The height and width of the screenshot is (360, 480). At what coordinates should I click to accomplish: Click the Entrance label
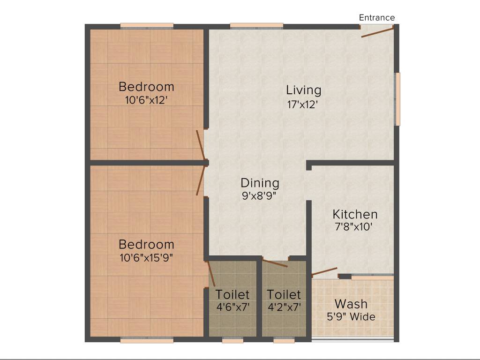(377, 18)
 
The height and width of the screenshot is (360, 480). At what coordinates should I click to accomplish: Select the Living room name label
(304, 90)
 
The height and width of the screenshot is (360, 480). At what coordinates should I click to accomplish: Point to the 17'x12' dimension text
(303, 105)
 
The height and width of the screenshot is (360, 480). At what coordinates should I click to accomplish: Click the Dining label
(260, 183)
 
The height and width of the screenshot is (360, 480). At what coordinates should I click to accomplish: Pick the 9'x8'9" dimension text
(259, 196)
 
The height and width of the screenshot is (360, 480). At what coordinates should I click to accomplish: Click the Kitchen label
(355, 214)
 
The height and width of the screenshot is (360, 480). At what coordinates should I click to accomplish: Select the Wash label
(351, 304)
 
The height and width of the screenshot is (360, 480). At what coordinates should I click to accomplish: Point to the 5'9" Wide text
(351, 317)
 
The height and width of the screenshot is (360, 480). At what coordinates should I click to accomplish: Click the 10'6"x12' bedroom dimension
(146, 100)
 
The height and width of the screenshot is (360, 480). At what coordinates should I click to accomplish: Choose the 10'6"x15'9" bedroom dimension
(146, 257)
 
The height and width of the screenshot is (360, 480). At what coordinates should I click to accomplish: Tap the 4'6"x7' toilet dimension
(232, 307)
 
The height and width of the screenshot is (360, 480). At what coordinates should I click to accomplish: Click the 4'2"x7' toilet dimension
(284, 307)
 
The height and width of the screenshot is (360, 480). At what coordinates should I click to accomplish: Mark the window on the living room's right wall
(397, 99)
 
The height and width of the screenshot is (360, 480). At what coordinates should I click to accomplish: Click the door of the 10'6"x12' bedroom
(200, 146)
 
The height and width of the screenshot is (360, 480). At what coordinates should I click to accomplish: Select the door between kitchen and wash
(324, 272)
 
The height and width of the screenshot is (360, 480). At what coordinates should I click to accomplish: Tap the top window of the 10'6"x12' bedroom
(147, 26)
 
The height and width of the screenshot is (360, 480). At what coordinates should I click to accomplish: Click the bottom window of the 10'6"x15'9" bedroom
(147, 340)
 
